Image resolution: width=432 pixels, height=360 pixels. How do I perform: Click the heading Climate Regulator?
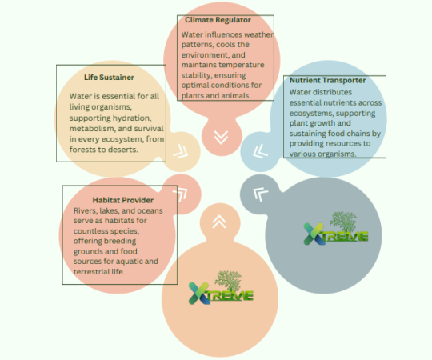[218, 20]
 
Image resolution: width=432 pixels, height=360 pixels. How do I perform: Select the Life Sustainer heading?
[109, 78]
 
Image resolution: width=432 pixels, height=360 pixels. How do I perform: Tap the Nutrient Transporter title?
[327, 80]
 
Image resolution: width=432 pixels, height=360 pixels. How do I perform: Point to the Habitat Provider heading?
[123, 200]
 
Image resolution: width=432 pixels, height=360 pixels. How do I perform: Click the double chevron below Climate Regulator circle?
[222, 137]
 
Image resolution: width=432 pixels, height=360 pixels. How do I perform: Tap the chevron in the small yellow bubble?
[181, 151]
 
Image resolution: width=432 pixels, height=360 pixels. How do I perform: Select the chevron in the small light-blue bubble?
[260, 151]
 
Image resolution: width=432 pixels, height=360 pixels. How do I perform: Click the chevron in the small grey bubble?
[260, 194]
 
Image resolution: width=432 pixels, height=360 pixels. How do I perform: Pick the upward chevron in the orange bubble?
[219, 222]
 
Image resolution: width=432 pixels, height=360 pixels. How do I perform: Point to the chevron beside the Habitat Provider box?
[181, 194]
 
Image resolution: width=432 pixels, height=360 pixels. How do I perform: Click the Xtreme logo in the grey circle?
[336, 228]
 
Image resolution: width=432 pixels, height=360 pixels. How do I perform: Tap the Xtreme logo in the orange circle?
[221, 287]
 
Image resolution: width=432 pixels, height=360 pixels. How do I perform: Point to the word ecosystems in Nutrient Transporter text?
[311, 114]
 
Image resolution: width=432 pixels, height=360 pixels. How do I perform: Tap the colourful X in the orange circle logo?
[199, 294]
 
